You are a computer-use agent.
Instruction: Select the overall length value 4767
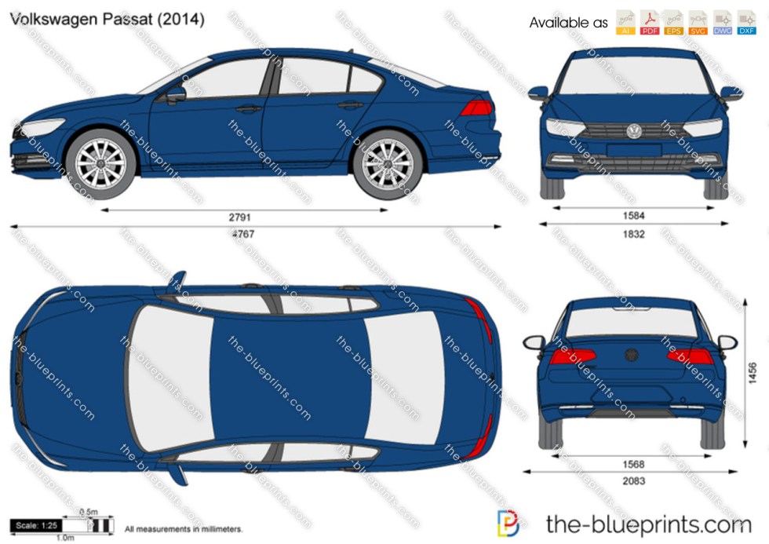click(242, 234)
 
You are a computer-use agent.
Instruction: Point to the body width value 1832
click(635, 233)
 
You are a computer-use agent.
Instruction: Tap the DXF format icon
click(745, 23)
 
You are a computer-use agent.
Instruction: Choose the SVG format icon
click(698, 23)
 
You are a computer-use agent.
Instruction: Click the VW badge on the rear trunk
click(632, 355)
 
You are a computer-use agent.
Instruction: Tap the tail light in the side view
click(476, 108)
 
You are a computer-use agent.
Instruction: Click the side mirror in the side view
click(174, 95)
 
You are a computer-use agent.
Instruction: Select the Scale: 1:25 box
click(35, 526)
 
